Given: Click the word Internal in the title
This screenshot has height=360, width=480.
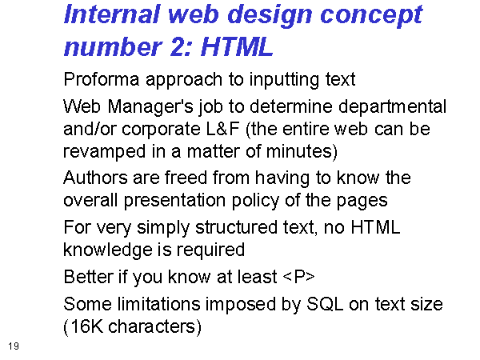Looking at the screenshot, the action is [x=112, y=14].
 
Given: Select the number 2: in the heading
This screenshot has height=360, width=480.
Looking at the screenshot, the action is [x=181, y=46].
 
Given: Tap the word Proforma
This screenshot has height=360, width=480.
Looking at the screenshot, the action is [x=102, y=79].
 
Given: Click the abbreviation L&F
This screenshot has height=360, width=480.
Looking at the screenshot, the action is [x=223, y=129].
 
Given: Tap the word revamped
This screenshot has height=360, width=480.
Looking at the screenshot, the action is [x=104, y=152].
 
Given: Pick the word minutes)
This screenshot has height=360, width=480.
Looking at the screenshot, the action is [x=302, y=151].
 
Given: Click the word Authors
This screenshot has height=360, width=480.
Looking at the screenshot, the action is [x=95, y=178].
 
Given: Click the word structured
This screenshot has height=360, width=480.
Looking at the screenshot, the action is [x=236, y=227].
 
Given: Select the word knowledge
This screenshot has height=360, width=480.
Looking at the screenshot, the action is [x=108, y=250].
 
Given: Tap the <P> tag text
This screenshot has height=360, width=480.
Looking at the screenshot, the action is [x=298, y=277].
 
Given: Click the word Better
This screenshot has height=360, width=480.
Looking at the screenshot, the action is [x=89, y=277].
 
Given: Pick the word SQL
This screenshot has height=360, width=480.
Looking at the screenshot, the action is [x=325, y=305].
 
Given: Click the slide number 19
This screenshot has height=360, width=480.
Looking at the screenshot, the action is [x=14, y=346].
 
